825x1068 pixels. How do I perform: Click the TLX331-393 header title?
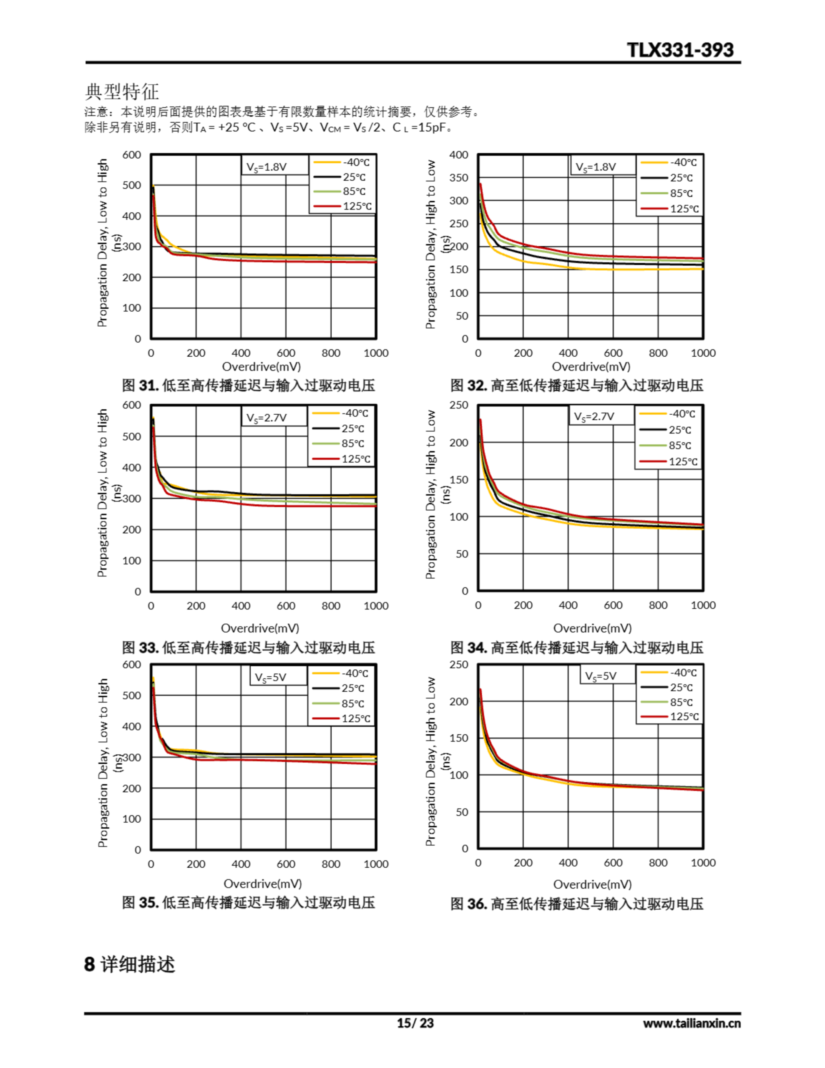680,50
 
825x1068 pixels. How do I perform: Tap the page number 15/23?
415,1023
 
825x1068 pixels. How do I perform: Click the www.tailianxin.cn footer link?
692,1023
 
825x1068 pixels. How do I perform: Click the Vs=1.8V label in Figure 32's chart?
596,167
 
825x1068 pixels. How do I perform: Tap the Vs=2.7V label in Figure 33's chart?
267,418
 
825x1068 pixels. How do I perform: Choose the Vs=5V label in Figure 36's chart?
601,676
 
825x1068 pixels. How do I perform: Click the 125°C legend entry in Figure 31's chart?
357,207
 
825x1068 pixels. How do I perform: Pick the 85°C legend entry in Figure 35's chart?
352,704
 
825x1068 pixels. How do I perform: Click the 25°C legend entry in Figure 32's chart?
681,178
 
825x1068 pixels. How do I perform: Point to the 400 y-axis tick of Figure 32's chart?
458,155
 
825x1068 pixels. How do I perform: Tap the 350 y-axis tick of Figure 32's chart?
458,178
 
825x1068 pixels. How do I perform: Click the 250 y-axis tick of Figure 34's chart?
458,406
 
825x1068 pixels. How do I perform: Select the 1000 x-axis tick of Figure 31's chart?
375,353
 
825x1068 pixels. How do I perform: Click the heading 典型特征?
122,91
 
